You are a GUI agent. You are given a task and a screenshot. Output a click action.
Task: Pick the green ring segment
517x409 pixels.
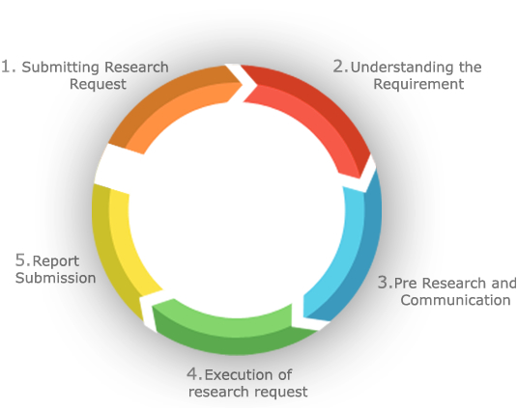(x=231, y=333)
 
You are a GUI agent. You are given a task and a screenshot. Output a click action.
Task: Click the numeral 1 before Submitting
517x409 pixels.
(x=7, y=67)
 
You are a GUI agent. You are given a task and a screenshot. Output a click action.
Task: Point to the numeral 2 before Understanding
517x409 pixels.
(x=340, y=67)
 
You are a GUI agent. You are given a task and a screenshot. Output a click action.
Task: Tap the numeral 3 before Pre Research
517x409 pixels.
(x=385, y=283)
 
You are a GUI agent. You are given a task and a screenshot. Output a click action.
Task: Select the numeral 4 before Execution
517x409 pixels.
(x=194, y=374)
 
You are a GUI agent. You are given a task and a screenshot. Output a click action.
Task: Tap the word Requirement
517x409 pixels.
(x=418, y=84)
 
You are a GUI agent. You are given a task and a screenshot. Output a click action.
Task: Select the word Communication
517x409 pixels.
(x=455, y=300)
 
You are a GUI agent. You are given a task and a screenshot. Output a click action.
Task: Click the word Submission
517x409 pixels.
(x=55, y=278)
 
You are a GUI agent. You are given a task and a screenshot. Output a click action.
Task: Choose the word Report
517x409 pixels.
(x=56, y=261)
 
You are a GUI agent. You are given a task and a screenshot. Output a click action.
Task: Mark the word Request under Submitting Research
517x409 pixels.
(x=98, y=85)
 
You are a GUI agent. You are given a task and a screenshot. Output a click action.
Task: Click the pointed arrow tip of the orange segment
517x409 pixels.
(x=243, y=84)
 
